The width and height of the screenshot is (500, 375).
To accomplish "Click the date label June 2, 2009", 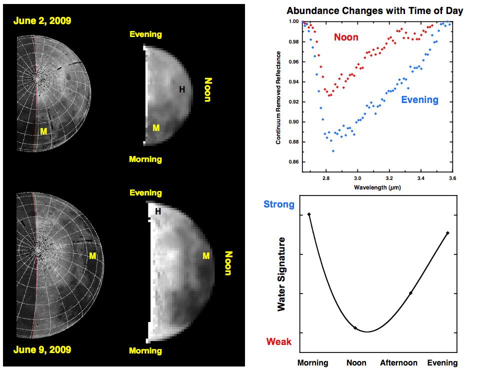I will [42, 20].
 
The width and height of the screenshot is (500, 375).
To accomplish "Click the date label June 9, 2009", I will [42, 349].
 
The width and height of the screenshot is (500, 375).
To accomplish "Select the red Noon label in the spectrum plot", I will [346, 37].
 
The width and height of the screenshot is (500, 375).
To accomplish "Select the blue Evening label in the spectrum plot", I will [419, 99].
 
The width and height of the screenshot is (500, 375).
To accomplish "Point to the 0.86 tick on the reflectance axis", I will [292, 162].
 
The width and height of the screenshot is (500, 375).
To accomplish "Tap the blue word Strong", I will [279, 204].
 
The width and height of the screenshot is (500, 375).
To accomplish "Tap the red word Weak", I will [279, 342].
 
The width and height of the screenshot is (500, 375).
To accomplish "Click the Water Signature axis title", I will [281, 274].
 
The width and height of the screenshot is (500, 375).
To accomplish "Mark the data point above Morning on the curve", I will [309, 214].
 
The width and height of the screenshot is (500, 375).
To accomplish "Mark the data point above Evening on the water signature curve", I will [447, 232].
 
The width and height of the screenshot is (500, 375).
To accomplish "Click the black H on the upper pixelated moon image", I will [182, 89].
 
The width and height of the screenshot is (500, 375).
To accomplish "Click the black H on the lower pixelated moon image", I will [158, 211].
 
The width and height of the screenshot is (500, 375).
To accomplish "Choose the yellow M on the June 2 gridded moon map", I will [43, 131].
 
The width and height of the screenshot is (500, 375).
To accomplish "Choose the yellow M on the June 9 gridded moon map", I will [92, 256].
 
